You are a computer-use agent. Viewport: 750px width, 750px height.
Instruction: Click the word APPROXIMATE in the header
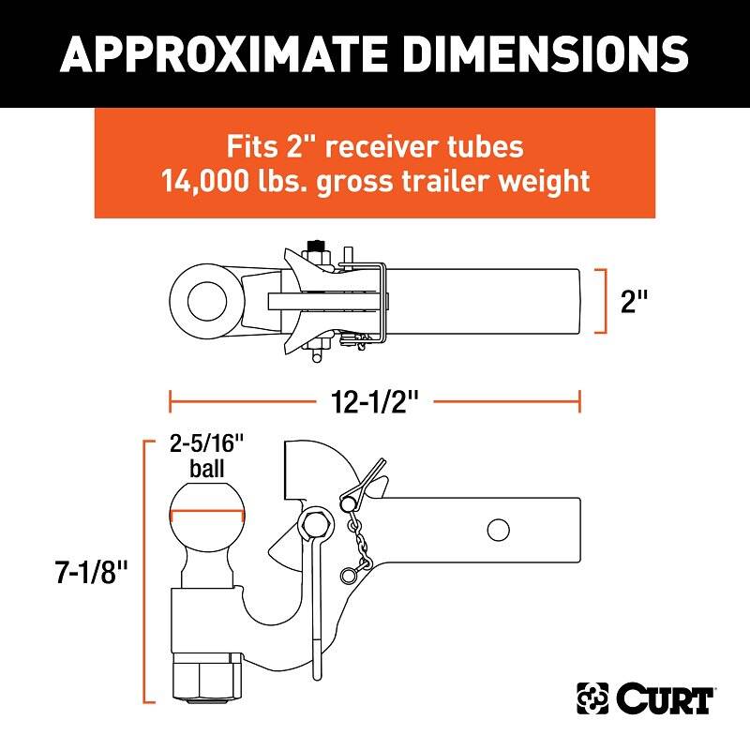click(x=223, y=53)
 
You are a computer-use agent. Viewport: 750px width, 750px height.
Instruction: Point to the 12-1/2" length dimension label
click(x=374, y=401)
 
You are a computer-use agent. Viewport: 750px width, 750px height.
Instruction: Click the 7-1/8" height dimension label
click(x=91, y=572)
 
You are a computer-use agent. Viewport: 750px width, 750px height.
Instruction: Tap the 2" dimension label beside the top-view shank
click(x=634, y=301)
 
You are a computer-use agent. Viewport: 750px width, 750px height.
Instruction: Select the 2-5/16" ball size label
click(x=206, y=443)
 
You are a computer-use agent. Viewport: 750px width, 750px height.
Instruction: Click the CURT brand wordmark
click(x=665, y=698)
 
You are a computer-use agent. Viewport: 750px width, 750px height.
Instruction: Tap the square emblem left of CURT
click(x=592, y=698)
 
